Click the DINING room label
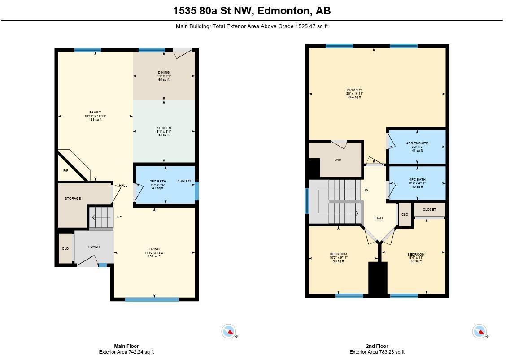(164, 72)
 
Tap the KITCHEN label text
(164, 128)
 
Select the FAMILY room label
(95, 113)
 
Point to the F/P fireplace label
(66, 171)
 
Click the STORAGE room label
(73, 198)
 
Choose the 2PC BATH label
(158, 181)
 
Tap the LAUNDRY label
(183, 181)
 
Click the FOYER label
(94, 247)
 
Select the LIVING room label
(154, 249)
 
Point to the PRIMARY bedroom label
(354, 90)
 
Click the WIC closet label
(338, 160)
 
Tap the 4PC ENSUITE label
(417, 143)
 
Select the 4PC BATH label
(417, 180)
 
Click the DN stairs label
(366, 190)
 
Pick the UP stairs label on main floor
(119, 217)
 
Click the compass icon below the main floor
(229, 332)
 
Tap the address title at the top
(252, 11)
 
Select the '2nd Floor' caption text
(377, 346)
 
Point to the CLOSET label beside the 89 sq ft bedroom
(429, 209)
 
